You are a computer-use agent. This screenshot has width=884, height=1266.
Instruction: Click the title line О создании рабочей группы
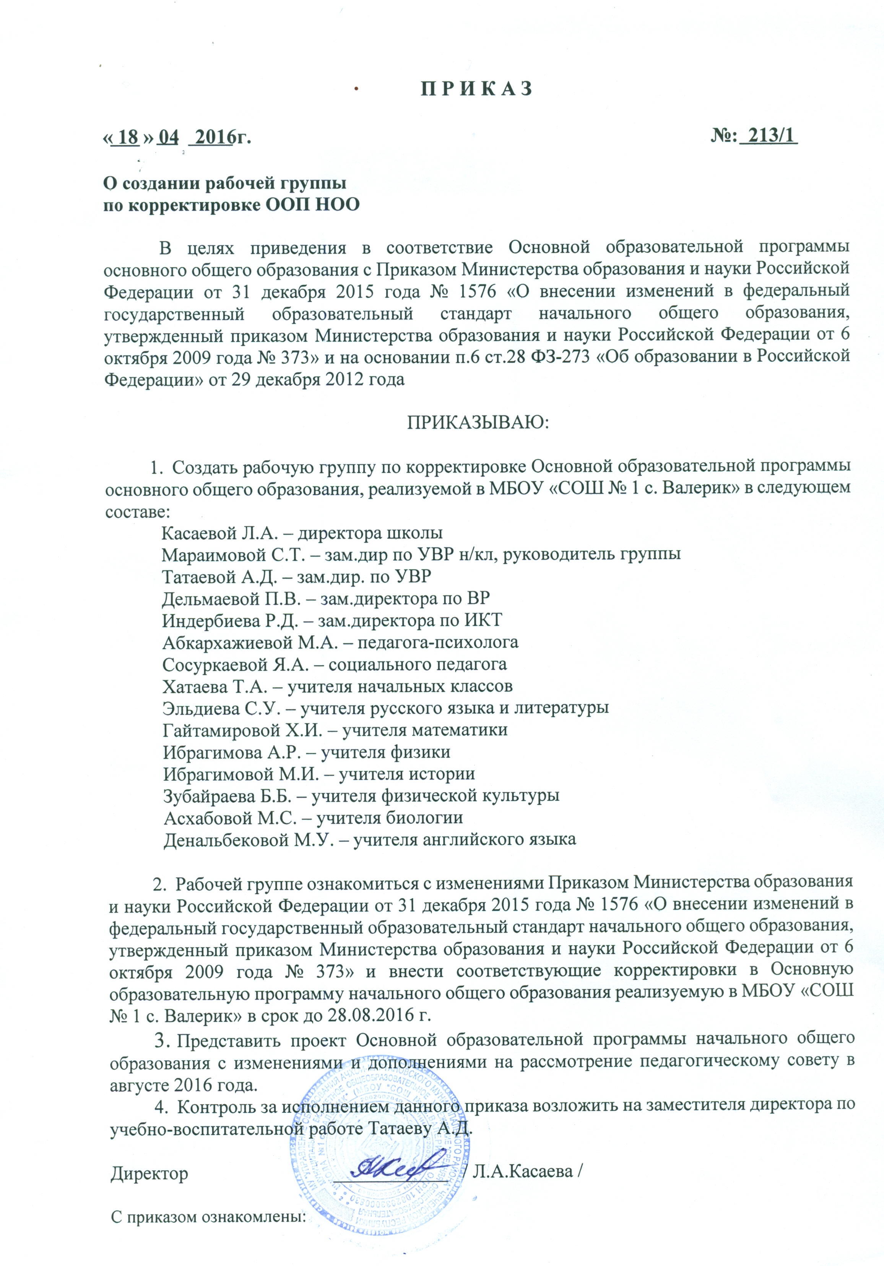(x=226, y=182)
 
